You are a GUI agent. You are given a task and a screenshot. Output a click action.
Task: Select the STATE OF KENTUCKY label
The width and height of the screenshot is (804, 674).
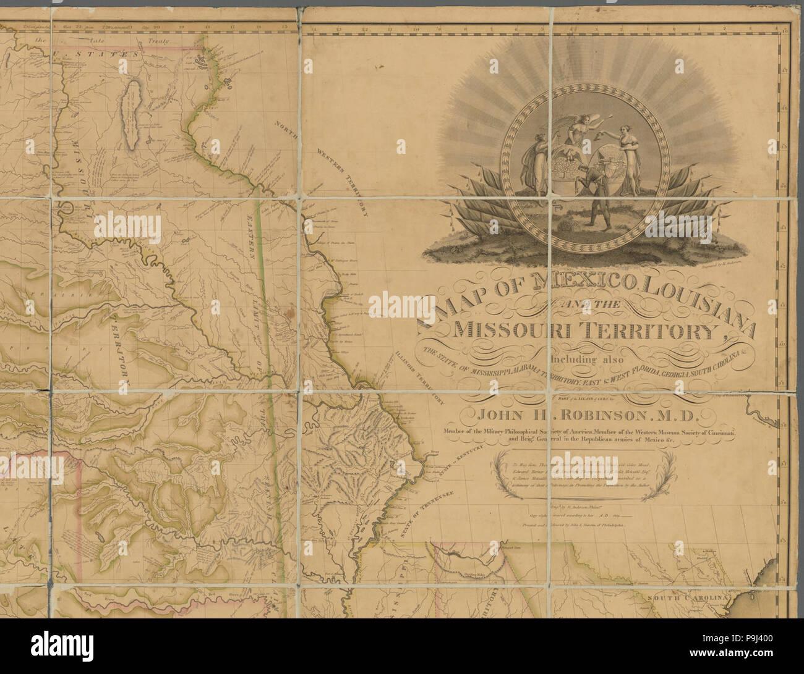447,468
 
